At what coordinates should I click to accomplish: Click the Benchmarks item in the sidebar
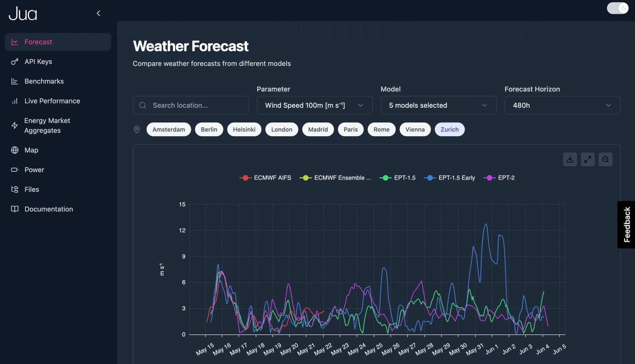click(44, 81)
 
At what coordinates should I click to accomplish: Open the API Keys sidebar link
click(38, 62)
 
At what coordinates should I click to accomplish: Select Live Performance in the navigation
click(52, 101)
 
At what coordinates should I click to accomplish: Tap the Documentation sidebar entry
click(48, 209)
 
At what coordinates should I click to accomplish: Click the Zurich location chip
click(449, 129)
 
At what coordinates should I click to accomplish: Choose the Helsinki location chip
click(244, 129)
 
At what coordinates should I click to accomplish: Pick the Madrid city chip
click(318, 129)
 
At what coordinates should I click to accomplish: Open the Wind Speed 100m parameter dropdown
click(314, 105)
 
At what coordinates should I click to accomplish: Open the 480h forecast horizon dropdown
click(562, 105)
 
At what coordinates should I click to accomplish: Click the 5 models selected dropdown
click(438, 105)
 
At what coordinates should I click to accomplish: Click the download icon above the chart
click(570, 159)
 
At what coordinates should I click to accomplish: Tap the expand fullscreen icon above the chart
click(587, 159)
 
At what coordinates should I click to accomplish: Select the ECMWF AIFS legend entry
click(266, 178)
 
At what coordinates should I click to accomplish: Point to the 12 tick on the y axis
click(182, 230)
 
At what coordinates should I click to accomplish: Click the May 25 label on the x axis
click(373, 349)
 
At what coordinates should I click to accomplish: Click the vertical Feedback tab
click(626, 225)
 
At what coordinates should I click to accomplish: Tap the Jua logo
click(23, 14)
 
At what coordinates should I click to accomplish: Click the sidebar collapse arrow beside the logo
click(98, 13)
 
